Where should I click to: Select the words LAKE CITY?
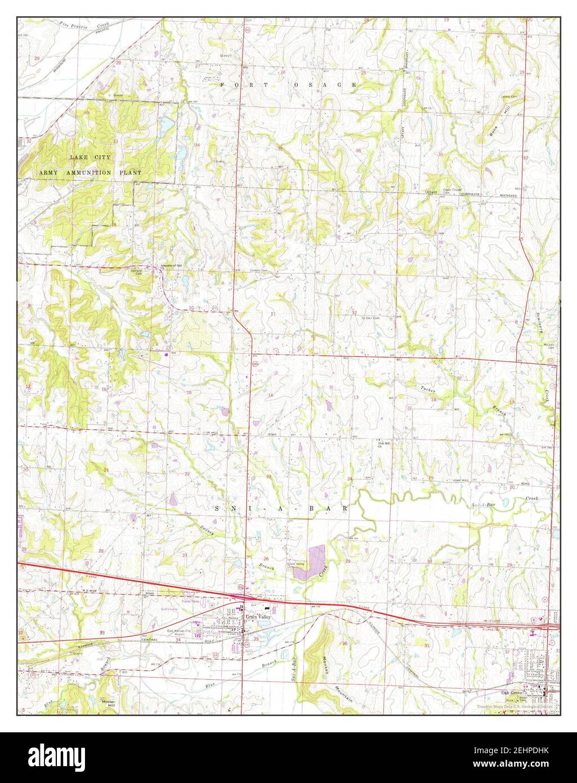[90, 157]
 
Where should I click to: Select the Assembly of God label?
[172, 265]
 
